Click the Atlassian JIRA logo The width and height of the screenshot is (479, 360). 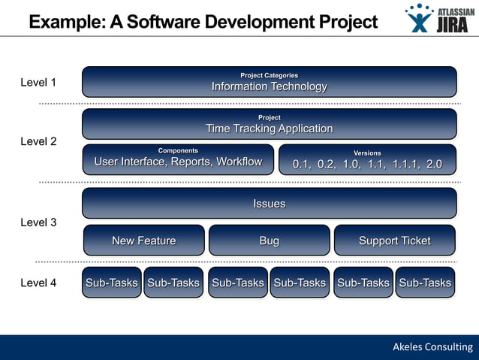click(438, 18)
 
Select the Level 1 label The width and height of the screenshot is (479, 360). click(38, 83)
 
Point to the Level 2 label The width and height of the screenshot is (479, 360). click(38, 141)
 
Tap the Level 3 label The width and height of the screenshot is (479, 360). click(38, 222)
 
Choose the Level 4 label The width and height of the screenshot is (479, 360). click(38, 283)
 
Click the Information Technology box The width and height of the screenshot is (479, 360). click(269, 82)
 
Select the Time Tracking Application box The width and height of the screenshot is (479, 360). click(269, 124)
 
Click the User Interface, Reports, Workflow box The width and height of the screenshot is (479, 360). click(178, 159)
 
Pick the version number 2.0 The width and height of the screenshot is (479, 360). click(434, 164)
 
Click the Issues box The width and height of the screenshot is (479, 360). click(269, 203)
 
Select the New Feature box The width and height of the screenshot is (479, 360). click(143, 241)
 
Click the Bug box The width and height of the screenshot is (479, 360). click(269, 241)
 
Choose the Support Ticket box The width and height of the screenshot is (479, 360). click(394, 241)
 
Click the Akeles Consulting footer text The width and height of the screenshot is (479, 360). click(432, 346)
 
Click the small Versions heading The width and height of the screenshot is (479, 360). click(367, 153)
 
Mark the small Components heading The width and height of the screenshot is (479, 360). click(178, 151)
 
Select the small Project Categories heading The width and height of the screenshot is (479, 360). click(269, 75)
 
